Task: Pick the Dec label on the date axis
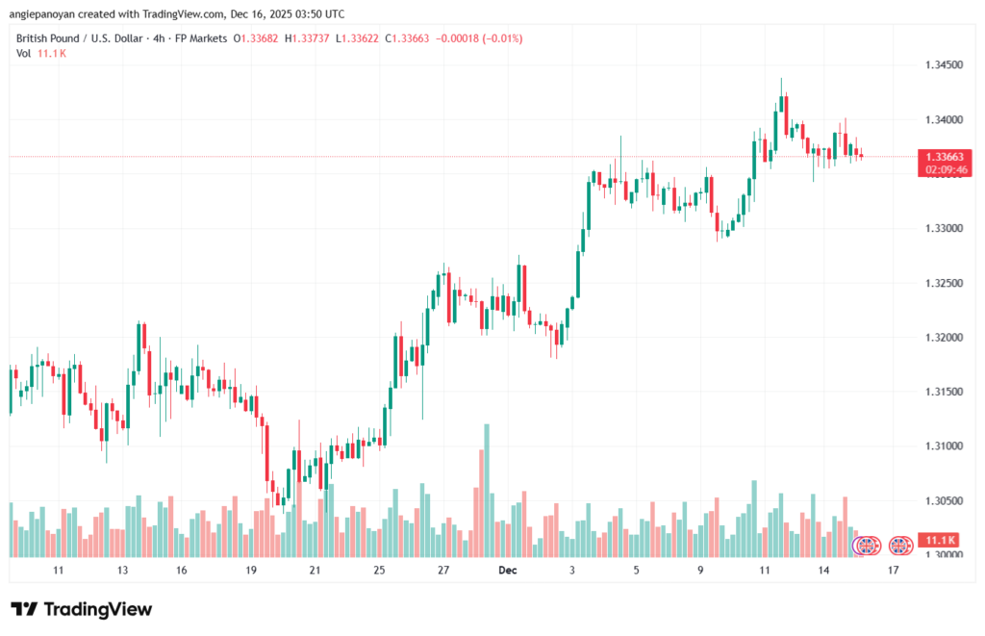click(x=508, y=571)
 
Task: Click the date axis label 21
click(x=315, y=571)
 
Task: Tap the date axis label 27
click(x=443, y=571)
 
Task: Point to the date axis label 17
click(x=894, y=571)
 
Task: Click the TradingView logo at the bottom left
click(x=81, y=609)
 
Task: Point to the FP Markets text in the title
click(x=200, y=38)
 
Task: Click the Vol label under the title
click(x=24, y=53)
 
